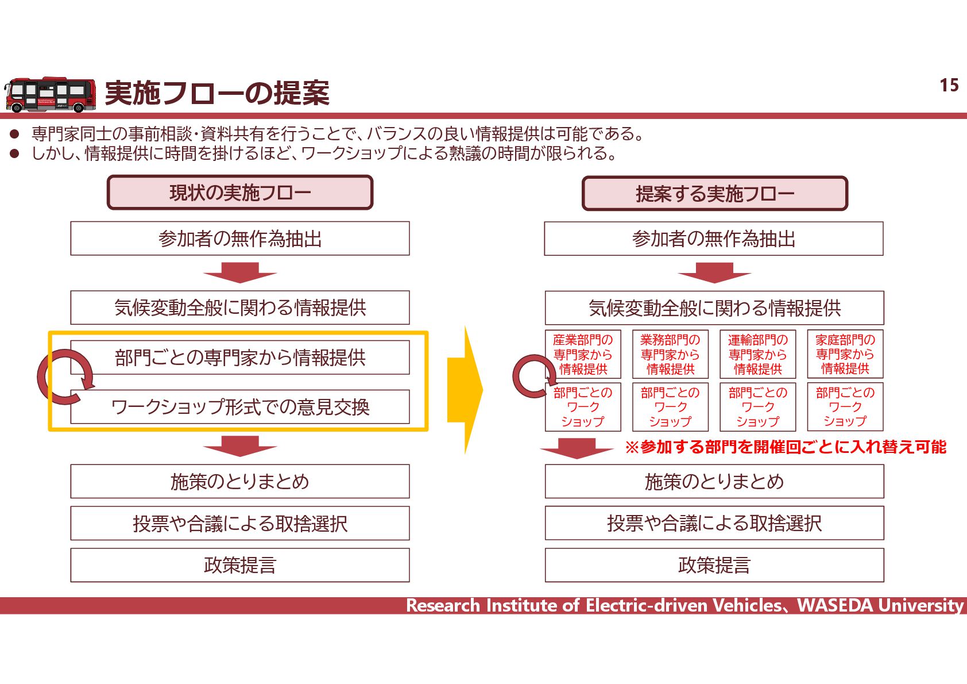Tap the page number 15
[949, 86]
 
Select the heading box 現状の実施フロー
[240, 193]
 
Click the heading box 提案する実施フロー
[714, 194]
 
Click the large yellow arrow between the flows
[465, 390]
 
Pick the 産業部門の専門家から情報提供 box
[583, 354]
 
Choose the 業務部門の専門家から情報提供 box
[670, 354]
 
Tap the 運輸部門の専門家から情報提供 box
[757, 354]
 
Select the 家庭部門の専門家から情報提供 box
[845, 354]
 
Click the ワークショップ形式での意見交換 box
[240, 407]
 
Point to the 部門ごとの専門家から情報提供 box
[240, 358]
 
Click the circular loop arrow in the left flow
[64, 377]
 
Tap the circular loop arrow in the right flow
[532, 376]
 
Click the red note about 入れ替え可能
[786, 447]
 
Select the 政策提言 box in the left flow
[240, 565]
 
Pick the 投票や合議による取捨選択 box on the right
[714, 523]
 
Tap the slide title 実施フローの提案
[217, 93]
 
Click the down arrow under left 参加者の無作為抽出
[240, 273]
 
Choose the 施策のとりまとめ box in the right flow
[714, 481]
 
